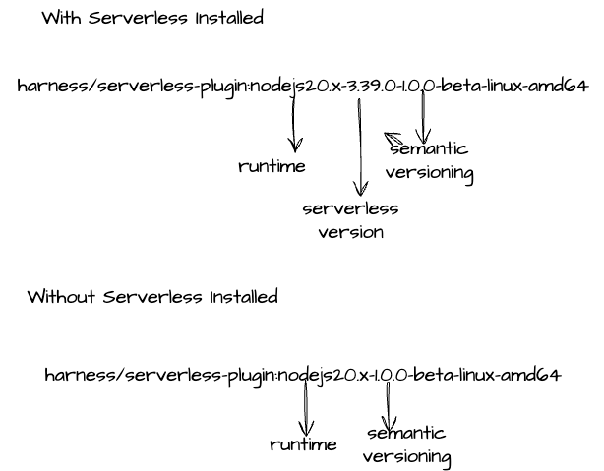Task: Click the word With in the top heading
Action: coord(61,18)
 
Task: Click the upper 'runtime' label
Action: coord(272,166)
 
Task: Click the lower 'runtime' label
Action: coord(303,444)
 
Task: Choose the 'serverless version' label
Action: coord(350,220)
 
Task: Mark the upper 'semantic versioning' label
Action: coord(429,162)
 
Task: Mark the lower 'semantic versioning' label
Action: coord(406,444)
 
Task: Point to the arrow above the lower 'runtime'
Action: coord(305,408)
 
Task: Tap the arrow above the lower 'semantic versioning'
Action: coord(388,405)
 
